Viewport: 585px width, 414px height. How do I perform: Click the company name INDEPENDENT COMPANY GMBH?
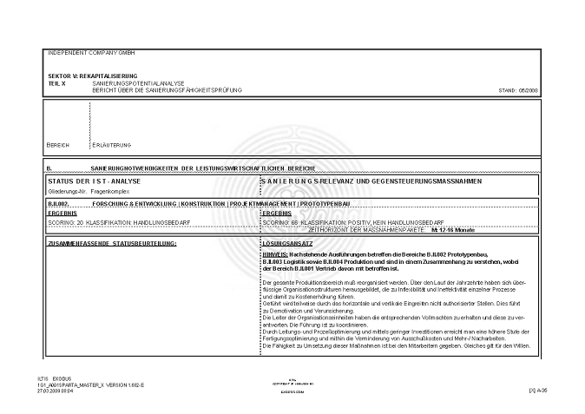point(85,53)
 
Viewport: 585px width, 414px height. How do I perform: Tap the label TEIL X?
point(58,82)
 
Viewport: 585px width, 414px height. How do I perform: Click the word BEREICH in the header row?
point(57,145)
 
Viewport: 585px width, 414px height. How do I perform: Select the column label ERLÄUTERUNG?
point(112,145)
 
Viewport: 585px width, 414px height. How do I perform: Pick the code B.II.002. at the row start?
point(58,202)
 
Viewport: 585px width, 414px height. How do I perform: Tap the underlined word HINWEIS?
point(275,253)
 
